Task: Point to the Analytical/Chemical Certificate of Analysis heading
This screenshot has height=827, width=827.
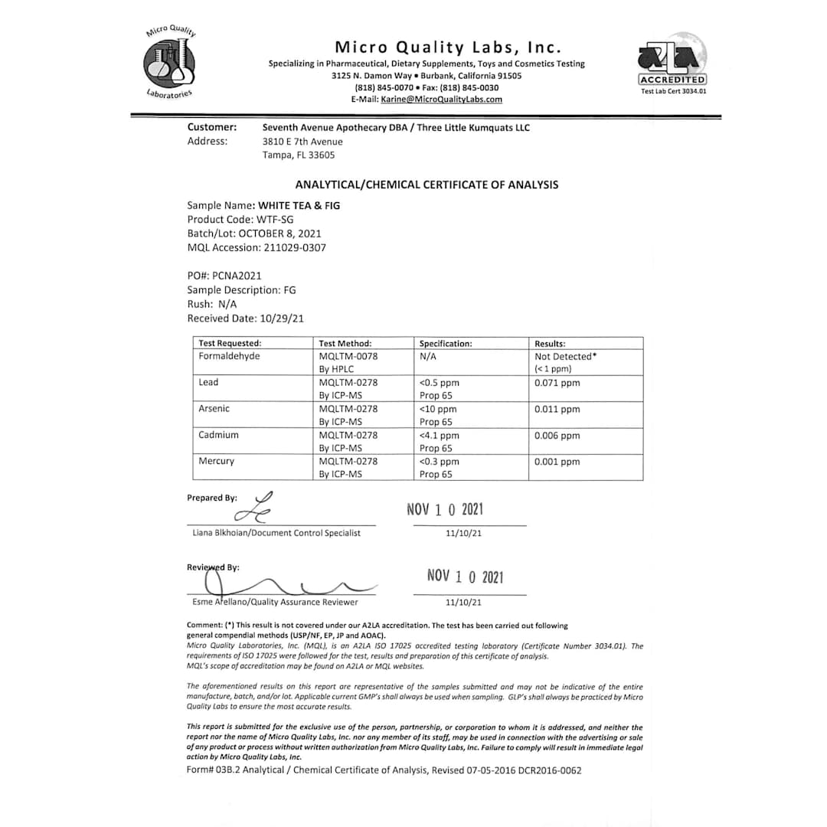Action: (x=427, y=185)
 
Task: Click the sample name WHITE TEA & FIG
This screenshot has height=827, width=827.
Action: (x=299, y=206)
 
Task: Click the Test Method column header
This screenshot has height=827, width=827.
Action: (x=345, y=344)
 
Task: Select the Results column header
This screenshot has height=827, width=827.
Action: (x=550, y=344)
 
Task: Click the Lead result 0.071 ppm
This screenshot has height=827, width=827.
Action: (x=557, y=383)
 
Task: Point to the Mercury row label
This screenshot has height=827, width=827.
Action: (x=217, y=462)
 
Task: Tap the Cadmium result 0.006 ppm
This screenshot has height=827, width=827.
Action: (x=557, y=436)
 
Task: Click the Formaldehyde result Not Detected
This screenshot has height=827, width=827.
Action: (x=565, y=357)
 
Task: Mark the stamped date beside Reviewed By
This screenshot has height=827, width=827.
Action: (x=465, y=577)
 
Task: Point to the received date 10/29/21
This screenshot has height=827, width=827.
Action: (x=283, y=319)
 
